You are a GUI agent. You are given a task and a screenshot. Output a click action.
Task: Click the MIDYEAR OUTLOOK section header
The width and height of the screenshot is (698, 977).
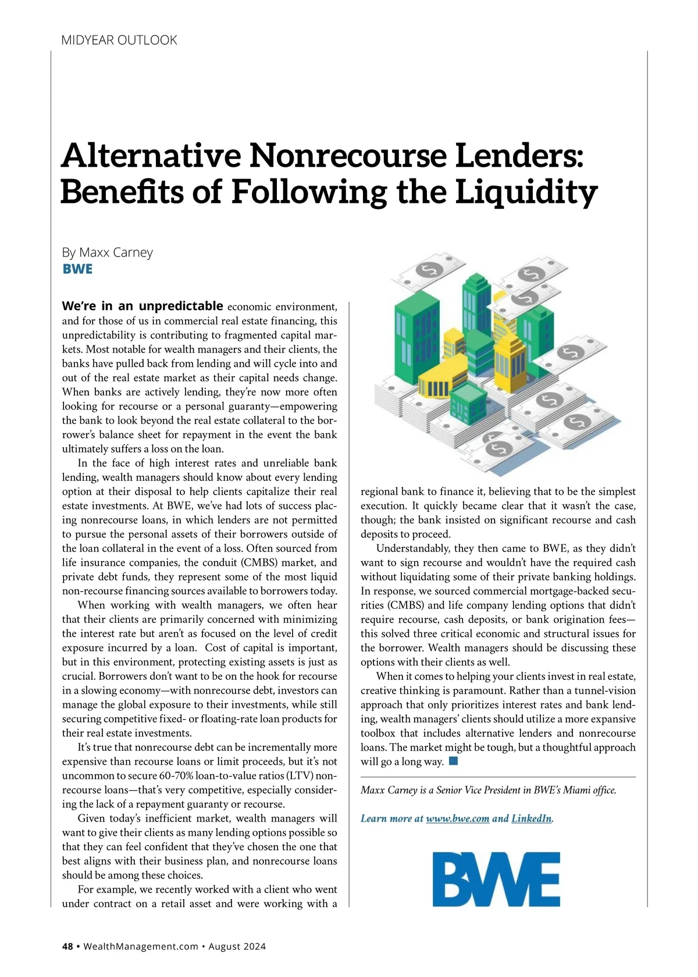(119, 40)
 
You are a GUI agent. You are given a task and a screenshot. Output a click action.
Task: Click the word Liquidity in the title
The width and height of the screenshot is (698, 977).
(526, 192)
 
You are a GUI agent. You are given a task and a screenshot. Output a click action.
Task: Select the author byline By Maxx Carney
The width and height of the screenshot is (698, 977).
(108, 252)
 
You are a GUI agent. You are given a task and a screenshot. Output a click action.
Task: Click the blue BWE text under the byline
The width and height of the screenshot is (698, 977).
(77, 269)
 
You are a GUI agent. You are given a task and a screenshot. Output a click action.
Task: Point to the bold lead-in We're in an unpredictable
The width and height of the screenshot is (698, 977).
(143, 306)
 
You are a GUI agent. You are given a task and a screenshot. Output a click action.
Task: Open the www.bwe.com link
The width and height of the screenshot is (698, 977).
(457, 818)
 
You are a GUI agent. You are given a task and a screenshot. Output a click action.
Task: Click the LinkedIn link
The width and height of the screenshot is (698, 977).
(531, 818)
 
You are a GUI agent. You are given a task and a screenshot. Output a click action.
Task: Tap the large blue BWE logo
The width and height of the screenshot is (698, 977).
(496, 879)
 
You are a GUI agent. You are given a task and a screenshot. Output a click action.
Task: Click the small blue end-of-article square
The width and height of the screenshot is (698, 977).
(454, 761)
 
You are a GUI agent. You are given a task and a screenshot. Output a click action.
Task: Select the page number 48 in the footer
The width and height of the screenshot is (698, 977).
(67, 946)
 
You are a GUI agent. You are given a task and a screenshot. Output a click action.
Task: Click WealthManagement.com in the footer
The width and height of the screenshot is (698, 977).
(141, 946)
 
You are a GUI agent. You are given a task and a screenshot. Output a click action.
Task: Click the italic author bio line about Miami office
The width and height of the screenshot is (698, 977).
(488, 790)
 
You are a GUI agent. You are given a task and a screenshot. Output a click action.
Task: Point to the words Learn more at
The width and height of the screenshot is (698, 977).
(391, 818)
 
